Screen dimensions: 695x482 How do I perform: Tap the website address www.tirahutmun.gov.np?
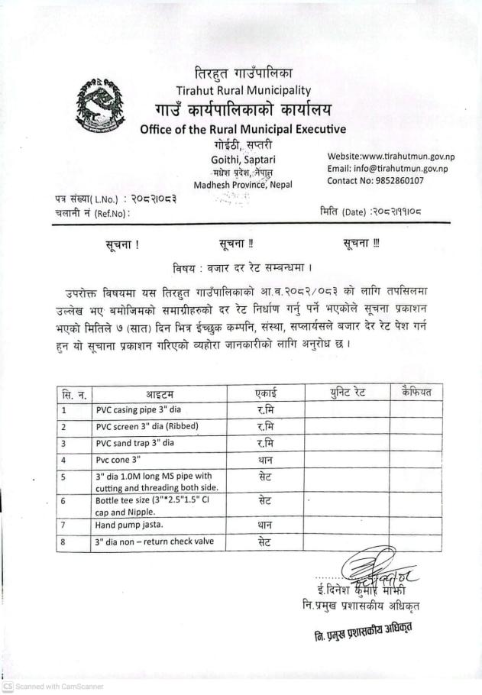click(390, 157)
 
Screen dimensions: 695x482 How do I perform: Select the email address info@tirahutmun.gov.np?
click(387, 169)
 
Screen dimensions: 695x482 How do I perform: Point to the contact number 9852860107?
click(375, 181)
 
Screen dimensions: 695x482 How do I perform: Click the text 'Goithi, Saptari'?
click(242, 159)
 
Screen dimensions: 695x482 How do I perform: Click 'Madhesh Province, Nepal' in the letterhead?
click(243, 185)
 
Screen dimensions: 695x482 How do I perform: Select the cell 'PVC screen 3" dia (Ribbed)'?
click(150, 427)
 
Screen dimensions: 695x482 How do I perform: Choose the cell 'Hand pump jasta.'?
click(127, 525)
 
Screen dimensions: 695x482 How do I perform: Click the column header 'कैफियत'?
click(416, 393)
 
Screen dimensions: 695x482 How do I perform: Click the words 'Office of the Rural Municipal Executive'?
click(243, 129)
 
